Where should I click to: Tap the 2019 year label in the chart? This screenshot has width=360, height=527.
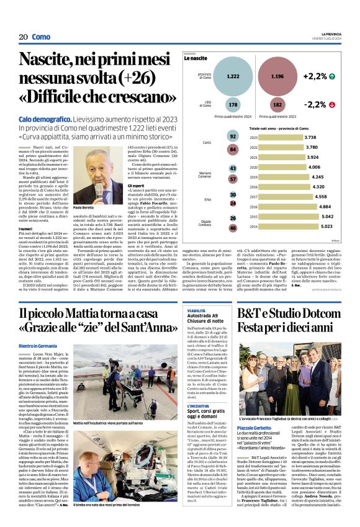(253, 177)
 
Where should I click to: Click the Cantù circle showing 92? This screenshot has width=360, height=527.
(233, 137)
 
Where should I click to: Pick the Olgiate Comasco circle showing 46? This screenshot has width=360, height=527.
(233, 228)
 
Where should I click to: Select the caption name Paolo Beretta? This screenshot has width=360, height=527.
(84, 207)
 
